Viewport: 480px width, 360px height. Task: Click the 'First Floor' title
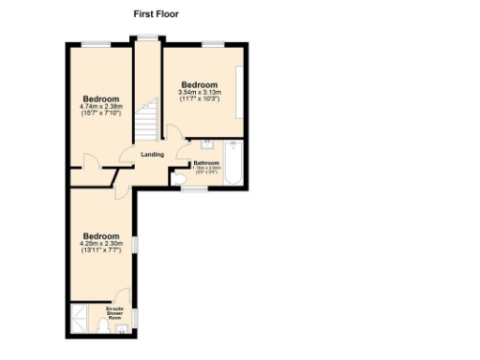(x=157, y=15)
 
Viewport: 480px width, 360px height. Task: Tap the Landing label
(x=152, y=155)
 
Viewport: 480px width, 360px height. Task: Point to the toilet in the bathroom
(x=178, y=177)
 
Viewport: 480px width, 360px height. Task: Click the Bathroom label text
(x=206, y=162)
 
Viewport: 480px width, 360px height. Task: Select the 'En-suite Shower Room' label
(x=115, y=313)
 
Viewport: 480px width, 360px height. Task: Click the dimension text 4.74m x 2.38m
(x=100, y=106)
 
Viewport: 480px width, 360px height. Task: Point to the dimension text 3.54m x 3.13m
(x=199, y=92)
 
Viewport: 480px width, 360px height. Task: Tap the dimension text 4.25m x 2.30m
(x=100, y=244)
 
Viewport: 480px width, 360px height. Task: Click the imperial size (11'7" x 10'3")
(x=199, y=99)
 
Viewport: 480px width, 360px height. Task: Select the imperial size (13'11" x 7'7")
(x=100, y=251)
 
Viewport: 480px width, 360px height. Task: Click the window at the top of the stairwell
(x=146, y=37)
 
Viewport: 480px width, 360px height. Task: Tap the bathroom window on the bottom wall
(x=194, y=188)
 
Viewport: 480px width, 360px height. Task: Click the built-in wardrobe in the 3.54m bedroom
(x=242, y=92)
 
